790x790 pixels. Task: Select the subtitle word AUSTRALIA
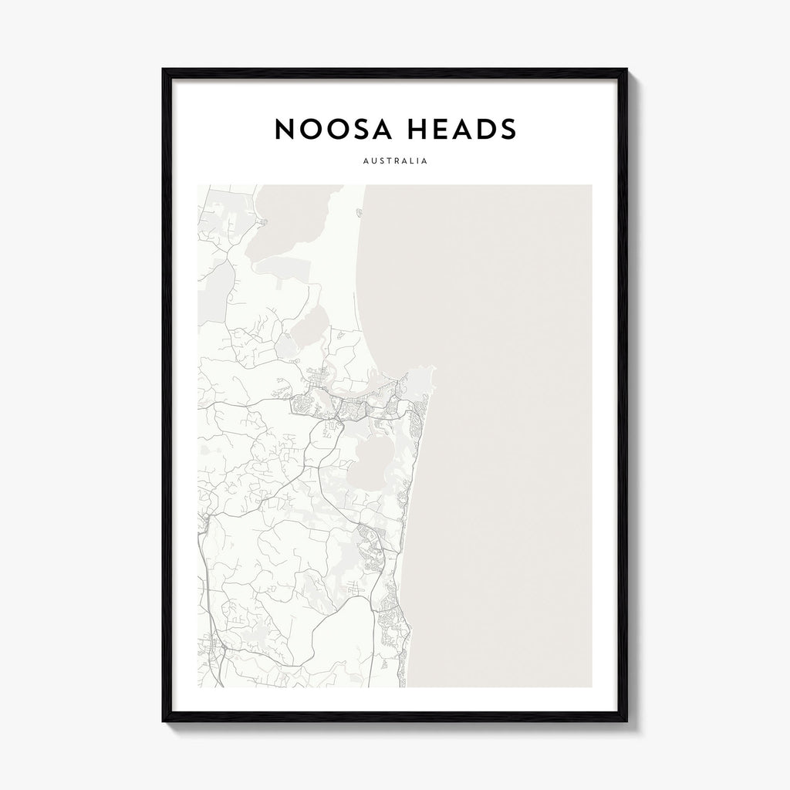tap(394, 163)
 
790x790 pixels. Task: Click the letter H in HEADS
tap(419, 130)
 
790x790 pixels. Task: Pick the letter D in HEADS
tap(484, 130)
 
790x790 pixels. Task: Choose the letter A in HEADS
tap(461, 130)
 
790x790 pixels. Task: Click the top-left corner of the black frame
tap(164, 70)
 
